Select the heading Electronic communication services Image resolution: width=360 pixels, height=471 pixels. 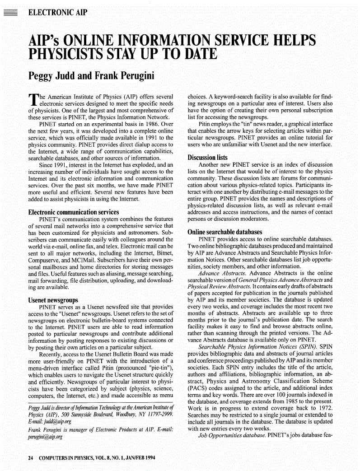point(74,212)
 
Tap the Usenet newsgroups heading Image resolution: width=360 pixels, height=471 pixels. point(53,300)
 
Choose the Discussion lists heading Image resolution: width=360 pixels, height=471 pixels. point(207,158)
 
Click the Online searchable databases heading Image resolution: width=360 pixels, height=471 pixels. point(224,232)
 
